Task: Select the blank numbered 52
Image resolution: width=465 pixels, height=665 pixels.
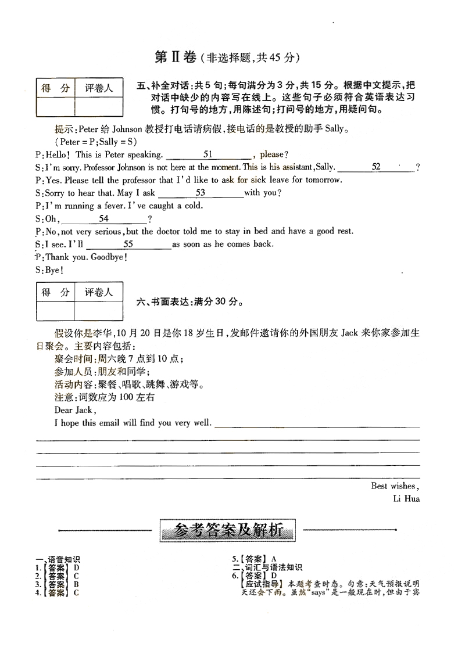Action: click(376, 167)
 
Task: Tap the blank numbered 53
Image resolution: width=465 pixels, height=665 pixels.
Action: click(201, 193)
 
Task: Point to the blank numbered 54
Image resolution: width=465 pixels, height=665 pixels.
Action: click(104, 219)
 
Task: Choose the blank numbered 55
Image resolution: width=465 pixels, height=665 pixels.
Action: click(128, 245)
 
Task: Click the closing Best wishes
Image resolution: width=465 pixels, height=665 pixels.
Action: click(395, 486)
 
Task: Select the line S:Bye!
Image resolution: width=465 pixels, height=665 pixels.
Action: click(49, 270)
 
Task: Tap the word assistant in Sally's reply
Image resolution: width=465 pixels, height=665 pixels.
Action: click(289, 167)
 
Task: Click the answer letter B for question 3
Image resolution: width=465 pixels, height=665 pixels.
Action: click(76, 584)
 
